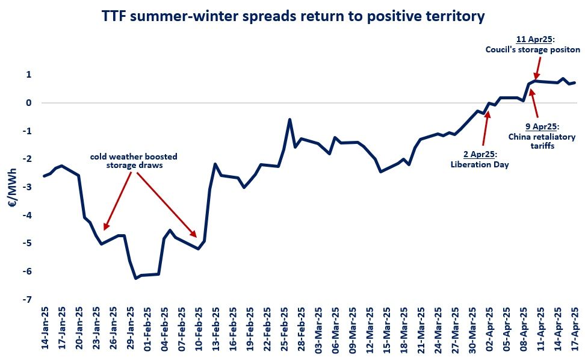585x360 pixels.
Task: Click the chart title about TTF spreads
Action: click(292, 17)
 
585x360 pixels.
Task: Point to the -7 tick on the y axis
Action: click(28, 300)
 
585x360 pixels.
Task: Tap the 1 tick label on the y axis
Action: click(29, 75)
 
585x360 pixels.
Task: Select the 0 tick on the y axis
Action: click(29, 103)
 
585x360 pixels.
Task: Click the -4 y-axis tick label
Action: click(28, 216)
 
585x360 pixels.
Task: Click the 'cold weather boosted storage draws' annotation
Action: click(134, 161)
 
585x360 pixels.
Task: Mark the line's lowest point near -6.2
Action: click(135, 278)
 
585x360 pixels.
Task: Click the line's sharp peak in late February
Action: click(289, 119)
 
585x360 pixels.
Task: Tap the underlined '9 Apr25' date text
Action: click(542, 126)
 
